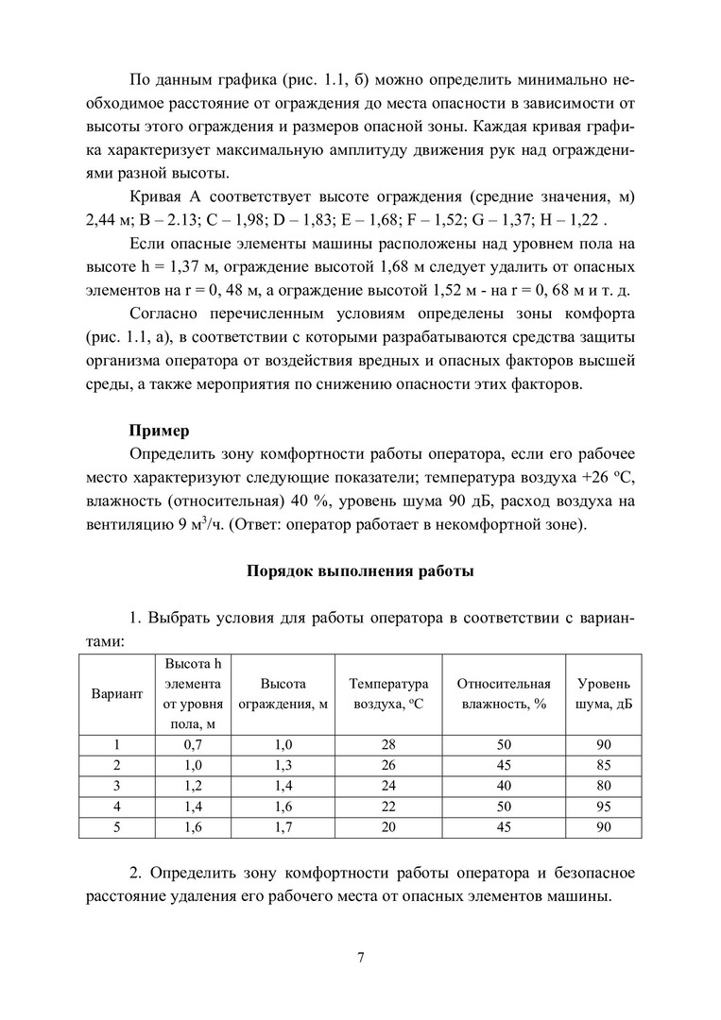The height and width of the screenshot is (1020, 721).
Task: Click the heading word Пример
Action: coord(160,431)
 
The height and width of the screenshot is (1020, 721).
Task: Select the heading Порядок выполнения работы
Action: coord(360,570)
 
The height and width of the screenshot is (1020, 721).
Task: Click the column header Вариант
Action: coord(116,694)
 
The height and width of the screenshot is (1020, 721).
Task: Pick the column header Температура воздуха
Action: coord(388,694)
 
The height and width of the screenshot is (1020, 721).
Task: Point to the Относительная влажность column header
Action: coord(503,694)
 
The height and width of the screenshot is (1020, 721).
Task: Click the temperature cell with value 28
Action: coord(388,745)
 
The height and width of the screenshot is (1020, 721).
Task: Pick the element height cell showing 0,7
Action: coord(193,745)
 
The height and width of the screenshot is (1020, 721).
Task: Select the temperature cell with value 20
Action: coord(388,826)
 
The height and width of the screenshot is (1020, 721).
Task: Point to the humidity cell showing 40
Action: coord(503,786)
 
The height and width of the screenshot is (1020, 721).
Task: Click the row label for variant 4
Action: coord(116,806)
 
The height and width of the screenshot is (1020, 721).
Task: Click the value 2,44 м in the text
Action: coord(101,221)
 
